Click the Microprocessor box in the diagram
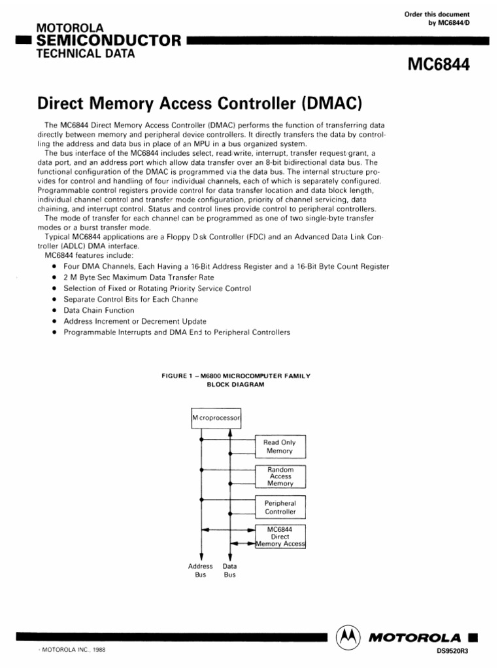(216, 417)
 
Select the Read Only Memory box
(280, 447)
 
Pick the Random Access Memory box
(280, 477)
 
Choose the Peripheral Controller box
(280, 507)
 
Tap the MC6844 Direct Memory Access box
(280, 536)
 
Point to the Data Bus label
(230, 570)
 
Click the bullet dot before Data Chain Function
(53, 310)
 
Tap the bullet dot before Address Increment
(53, 321)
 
